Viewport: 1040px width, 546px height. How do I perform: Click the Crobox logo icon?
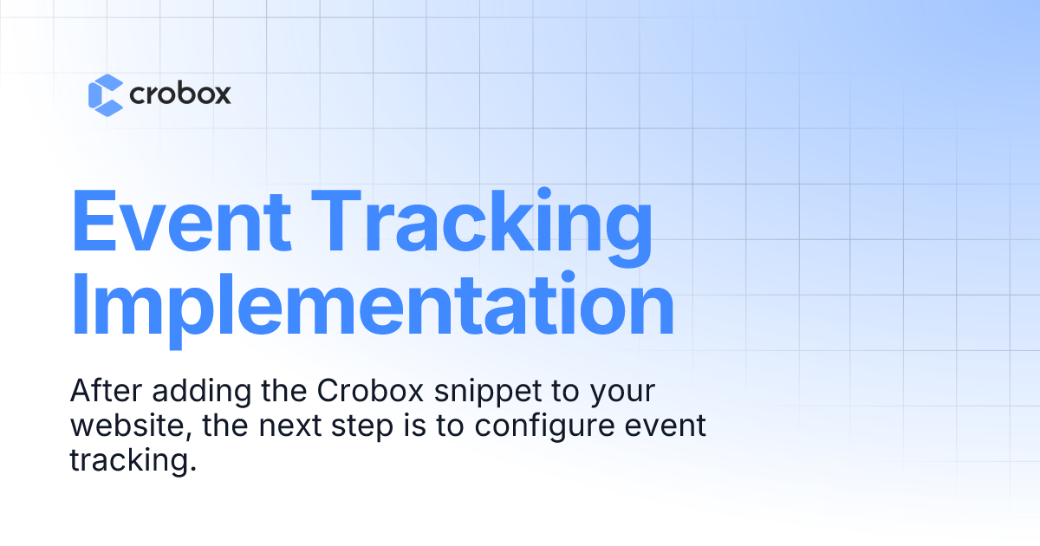pyautogui.click(x=106, y=94)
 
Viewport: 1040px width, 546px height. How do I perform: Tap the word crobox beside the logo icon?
pyautogui.click(x=180, y=94)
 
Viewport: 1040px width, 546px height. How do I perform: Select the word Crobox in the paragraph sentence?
pyautogui.click(x=365, y=391)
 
